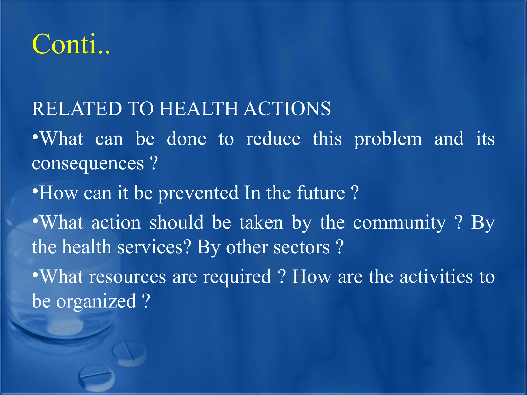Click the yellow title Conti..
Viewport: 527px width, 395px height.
pos(71,44)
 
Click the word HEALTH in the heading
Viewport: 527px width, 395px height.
pos(199,109)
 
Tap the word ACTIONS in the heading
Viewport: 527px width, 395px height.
pos(287,109)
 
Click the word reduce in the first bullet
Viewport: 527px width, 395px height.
pos(273,139)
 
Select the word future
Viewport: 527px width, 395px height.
pos(321,193)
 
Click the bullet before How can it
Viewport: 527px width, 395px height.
pos(35,191)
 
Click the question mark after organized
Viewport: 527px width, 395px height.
pos(146,301)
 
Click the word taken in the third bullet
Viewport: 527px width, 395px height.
pos(261,223)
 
